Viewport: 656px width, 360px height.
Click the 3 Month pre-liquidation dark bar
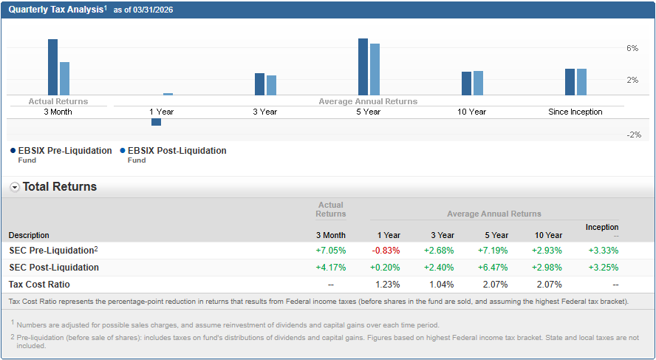tap(52, 67)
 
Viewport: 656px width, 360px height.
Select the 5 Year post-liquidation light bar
tap(375, 69)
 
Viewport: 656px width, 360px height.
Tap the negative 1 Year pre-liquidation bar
tap(156, 122)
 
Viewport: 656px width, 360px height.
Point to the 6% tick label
tap(632, 48)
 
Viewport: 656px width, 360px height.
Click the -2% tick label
tap(633, 135)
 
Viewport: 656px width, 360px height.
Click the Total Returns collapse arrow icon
tap(15, 187)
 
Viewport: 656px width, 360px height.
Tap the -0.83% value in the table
tap(386, 251)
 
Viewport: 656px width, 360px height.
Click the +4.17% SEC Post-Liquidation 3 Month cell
tap(330, 268)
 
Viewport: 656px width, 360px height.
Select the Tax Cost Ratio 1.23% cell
tap(388, 285)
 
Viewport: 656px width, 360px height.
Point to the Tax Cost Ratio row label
tap(39, 285)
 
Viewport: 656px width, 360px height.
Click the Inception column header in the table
tap(602, 227)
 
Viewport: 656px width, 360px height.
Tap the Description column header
tap(29, 235)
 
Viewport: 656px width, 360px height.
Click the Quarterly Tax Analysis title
tap(56, 9)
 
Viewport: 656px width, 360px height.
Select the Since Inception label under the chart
tap(575, 112)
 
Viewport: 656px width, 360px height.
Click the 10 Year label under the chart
tap(471, 112)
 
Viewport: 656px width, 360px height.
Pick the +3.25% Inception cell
tap(604, 268)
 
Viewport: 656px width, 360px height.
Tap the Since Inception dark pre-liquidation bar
tap(570, 81)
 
